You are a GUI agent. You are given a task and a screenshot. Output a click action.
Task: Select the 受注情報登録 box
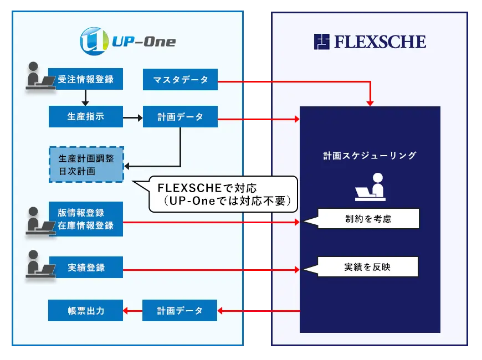tap(85, 79)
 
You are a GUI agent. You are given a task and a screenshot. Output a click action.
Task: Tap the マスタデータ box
tap(180, 79)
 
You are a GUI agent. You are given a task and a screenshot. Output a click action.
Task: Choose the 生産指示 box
tap(85, 117)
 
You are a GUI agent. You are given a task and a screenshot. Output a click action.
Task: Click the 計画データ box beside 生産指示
tap(180, 117)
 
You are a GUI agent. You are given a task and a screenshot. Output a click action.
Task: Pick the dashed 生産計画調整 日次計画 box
tap(86, 164)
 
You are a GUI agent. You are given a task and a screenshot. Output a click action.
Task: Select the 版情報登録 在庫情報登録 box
tap(85, 219)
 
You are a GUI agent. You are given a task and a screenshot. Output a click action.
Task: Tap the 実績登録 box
tap(85, 268)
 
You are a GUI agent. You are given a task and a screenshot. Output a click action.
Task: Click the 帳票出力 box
tap(85, 311)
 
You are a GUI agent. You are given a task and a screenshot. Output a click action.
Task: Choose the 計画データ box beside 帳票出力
tap(180, 311)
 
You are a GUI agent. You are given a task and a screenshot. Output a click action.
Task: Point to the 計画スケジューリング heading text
tap(370, 156)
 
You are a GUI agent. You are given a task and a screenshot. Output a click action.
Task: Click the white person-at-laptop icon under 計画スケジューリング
tap(370, 187)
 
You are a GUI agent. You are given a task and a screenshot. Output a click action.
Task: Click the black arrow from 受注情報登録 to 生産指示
tap(85, 97)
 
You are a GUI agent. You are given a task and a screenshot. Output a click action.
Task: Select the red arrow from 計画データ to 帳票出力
tap(133, 311)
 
